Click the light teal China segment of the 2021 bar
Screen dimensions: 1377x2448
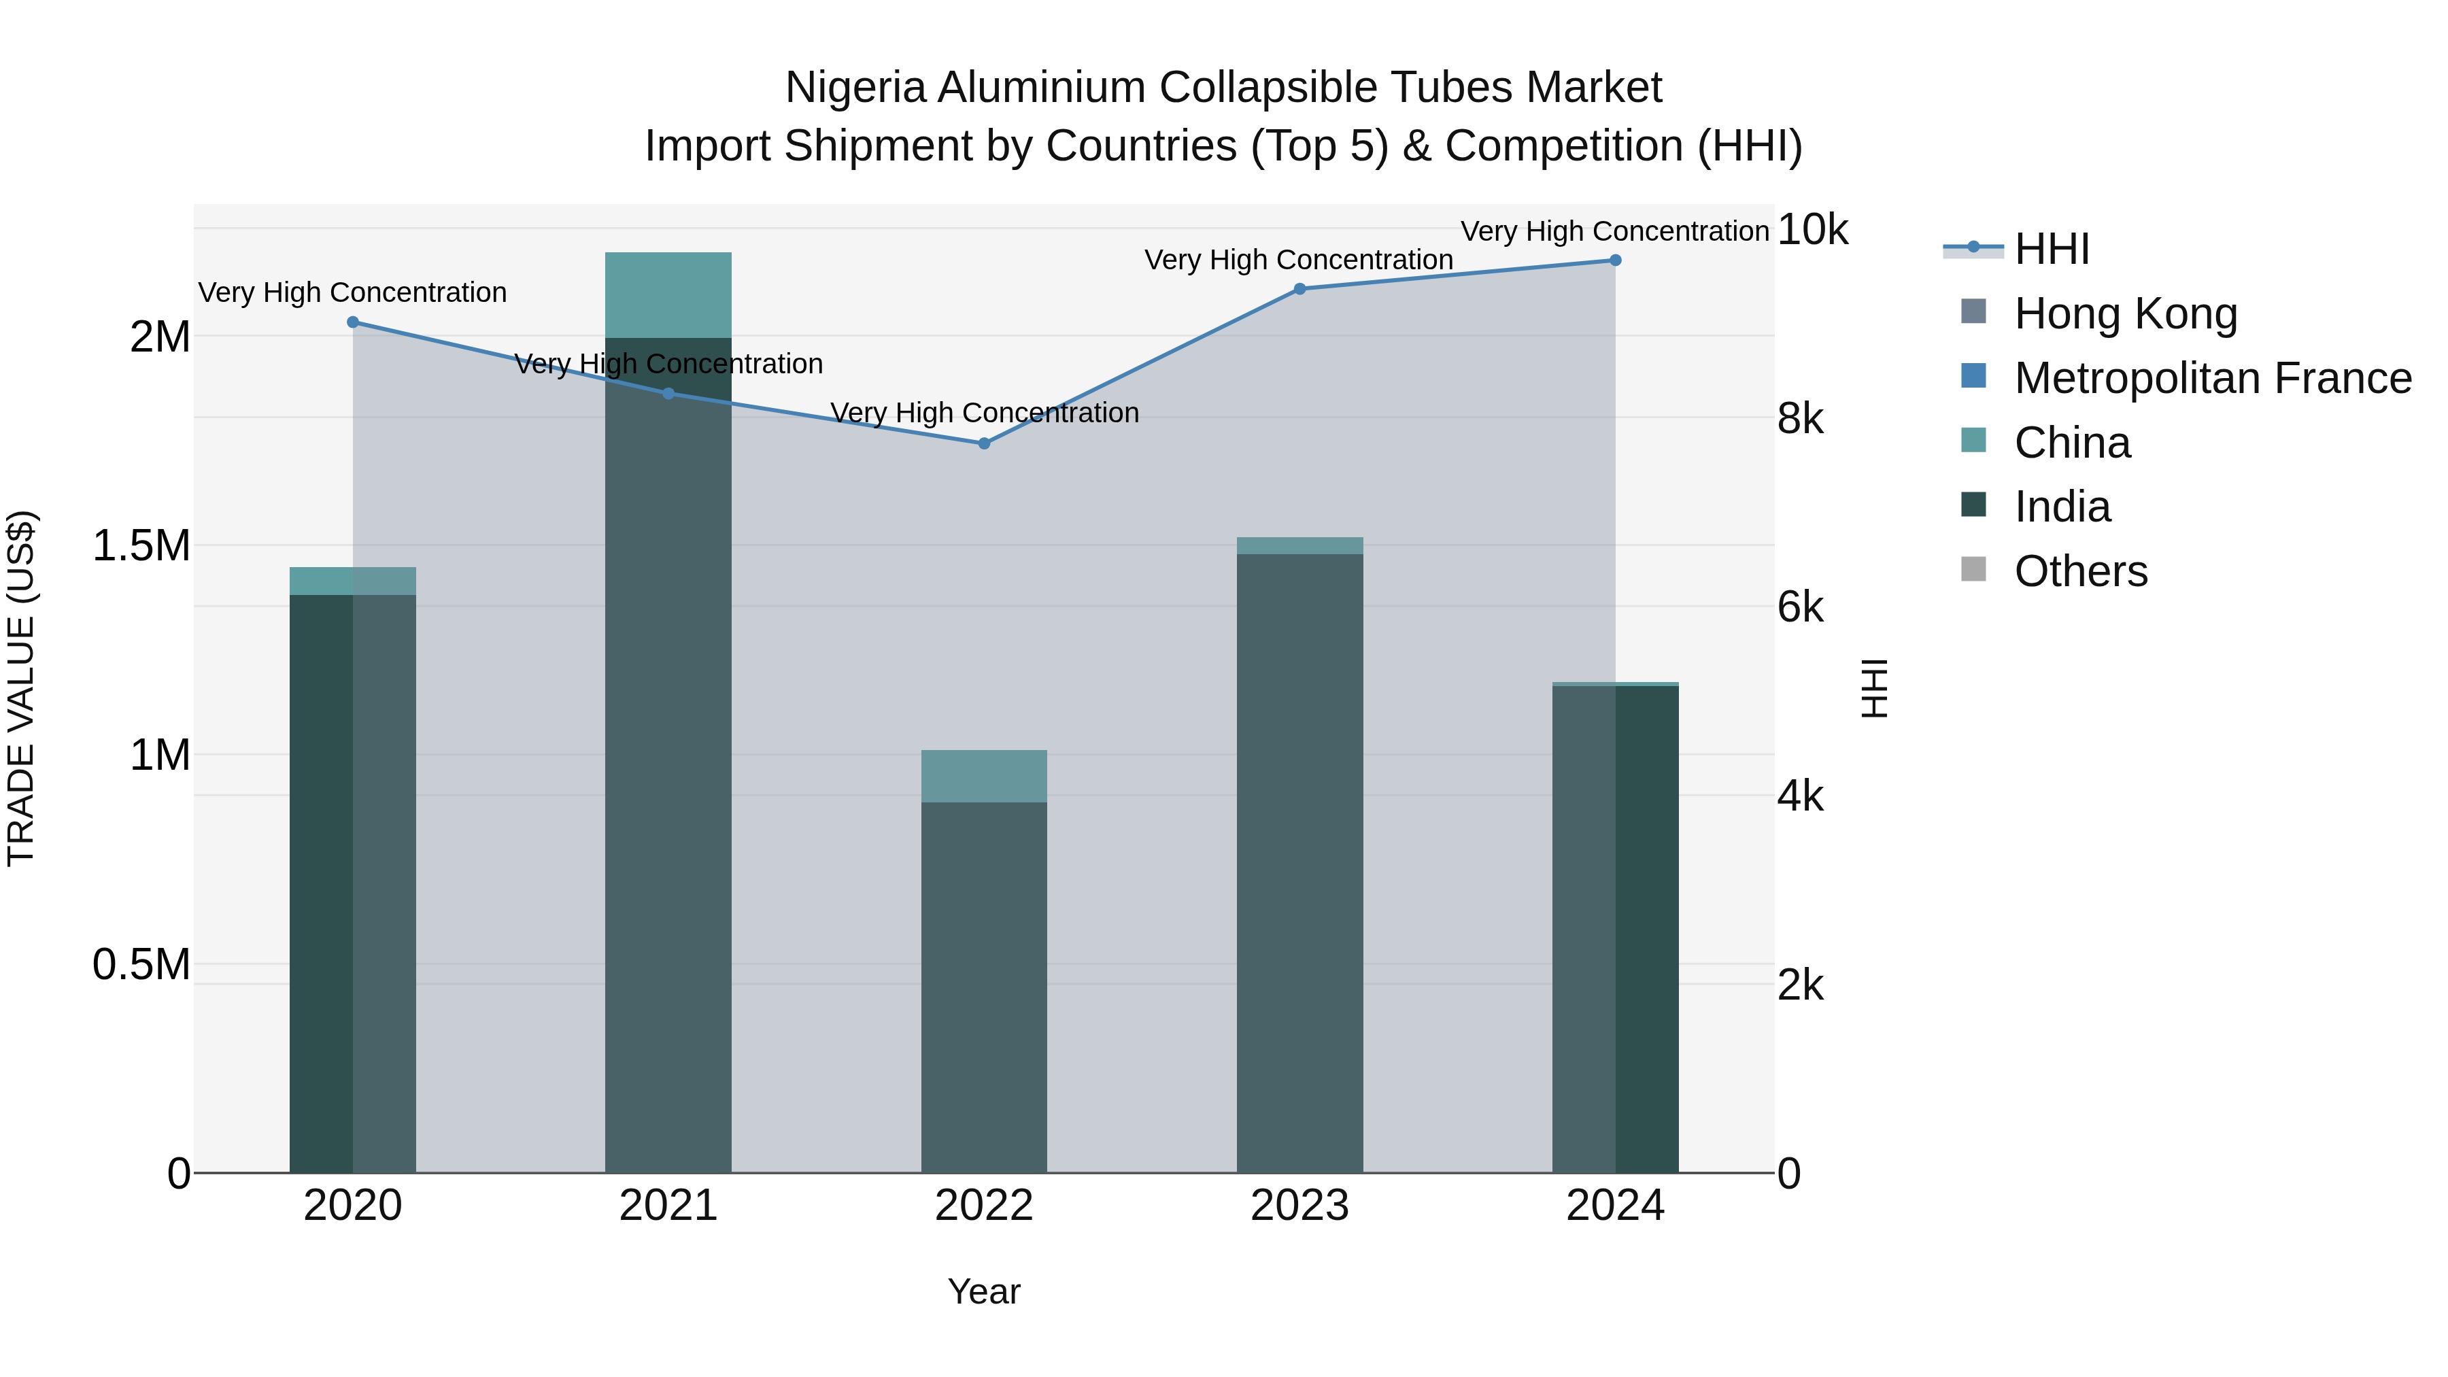pos(668,294)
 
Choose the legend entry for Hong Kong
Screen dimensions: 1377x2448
pos(2125,313)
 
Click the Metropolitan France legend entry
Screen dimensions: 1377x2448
pos(2212,378)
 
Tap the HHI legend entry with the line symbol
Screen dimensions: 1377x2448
pos(2051,249)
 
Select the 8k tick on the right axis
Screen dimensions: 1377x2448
pos(1800,419)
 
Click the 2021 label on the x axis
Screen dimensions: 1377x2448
pos(668,1206)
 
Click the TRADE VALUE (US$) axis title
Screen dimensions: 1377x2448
pos(21,688)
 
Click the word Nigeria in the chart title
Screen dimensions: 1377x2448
pos(855,88)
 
